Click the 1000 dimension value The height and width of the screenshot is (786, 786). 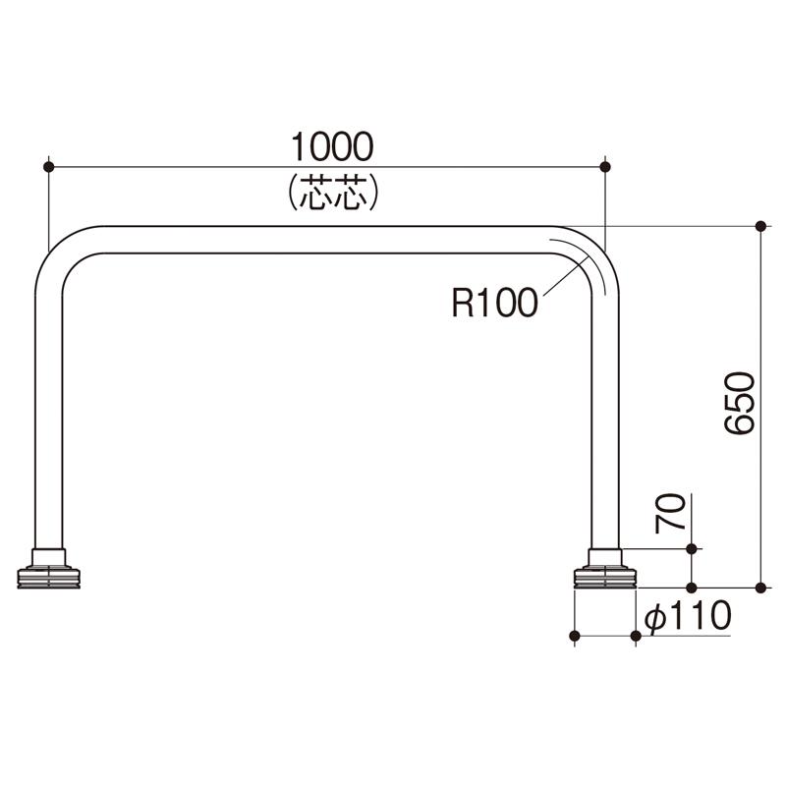pyautogui.click(x=332, y=146)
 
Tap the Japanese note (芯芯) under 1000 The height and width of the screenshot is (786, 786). pyautogui.click(x=333, y=193)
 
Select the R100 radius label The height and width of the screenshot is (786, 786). pyautogui.click(x=495, y=303)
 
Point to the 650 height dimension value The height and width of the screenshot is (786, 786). pyautogui.click(x=740, y=403)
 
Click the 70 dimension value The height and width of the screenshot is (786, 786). pyautogui.click(x=670, y=513)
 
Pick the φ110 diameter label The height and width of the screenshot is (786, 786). pyautogui.click(x=689, y=616)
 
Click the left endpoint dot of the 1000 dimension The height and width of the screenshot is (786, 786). pyautogui.click(x=48, y=166)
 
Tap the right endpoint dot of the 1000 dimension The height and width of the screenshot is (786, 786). pyautogui.click(x=605, y=166)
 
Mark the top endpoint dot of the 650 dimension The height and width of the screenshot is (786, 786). pyautogui.click(x=760, y=226)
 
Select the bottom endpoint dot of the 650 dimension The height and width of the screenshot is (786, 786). pyautogui.click(x=760, y=588)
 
